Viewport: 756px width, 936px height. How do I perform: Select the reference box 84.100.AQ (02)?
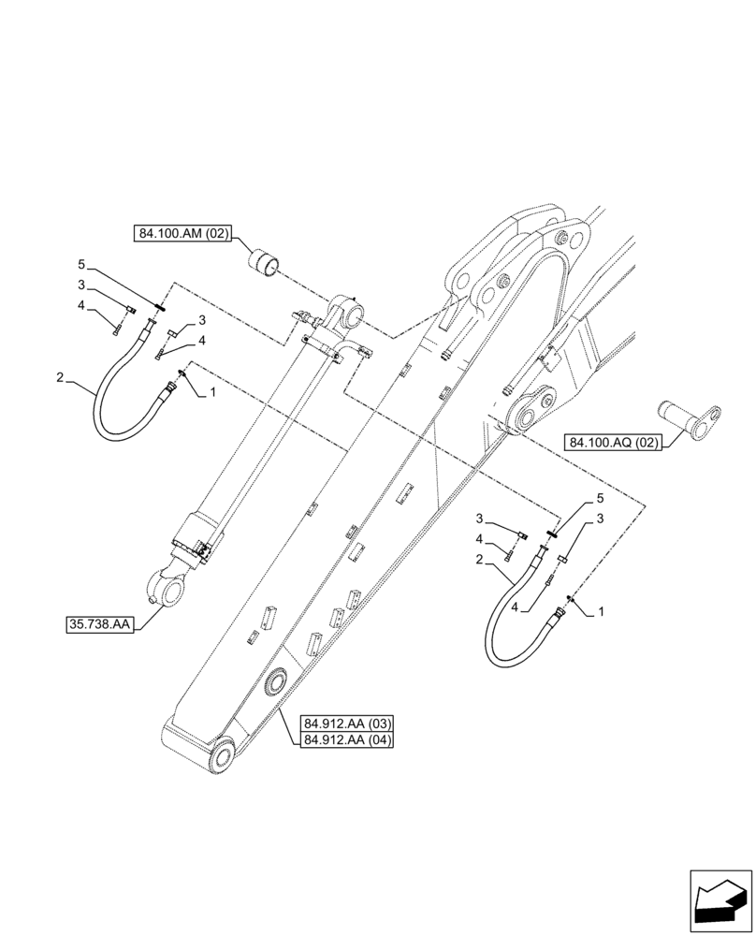tap(613, 442)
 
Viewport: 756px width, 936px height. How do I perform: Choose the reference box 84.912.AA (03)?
tap(348, 724)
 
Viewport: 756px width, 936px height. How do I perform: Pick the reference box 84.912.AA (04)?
tap(348, 740)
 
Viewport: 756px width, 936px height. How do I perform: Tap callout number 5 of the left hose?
tap(81, 265)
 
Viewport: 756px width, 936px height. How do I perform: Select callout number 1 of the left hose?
tap(213, 393)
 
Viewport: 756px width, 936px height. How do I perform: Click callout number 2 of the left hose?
tap(60, 378)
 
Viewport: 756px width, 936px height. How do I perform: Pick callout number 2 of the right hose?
tap(478, 560)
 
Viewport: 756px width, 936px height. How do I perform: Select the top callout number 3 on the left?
tap(81, 285)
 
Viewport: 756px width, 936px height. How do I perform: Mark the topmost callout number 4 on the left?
tap(81, 305)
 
